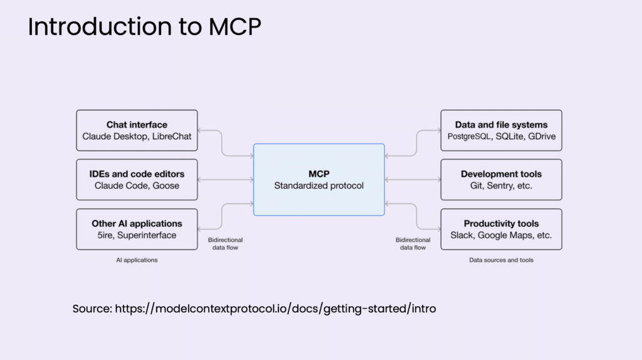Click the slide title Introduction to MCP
144,26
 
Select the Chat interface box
137,130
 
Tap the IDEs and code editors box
137,180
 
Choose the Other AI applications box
137,230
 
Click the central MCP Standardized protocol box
319,180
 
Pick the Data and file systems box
501,130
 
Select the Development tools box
501,180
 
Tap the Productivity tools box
501,230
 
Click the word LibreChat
172,136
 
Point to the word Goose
166,186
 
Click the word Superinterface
147,235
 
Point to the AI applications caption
137,260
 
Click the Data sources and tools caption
501,260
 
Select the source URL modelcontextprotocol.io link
276,309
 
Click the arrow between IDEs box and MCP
226,180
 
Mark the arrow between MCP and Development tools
413,180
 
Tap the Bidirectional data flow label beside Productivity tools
413,244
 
